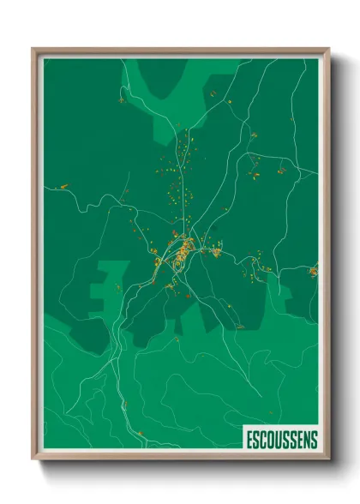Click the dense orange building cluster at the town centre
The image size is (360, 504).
click(183, 253)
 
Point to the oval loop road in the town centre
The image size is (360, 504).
click(177, 264)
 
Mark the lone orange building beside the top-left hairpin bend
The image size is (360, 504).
click(121, 100)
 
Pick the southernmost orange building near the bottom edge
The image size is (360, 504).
click(125, 404)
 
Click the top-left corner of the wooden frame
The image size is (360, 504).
click(33, 49)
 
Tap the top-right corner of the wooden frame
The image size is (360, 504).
click(327, 49)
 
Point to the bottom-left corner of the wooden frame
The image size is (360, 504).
click(33, 461)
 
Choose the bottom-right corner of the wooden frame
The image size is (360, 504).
click(327, 461)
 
